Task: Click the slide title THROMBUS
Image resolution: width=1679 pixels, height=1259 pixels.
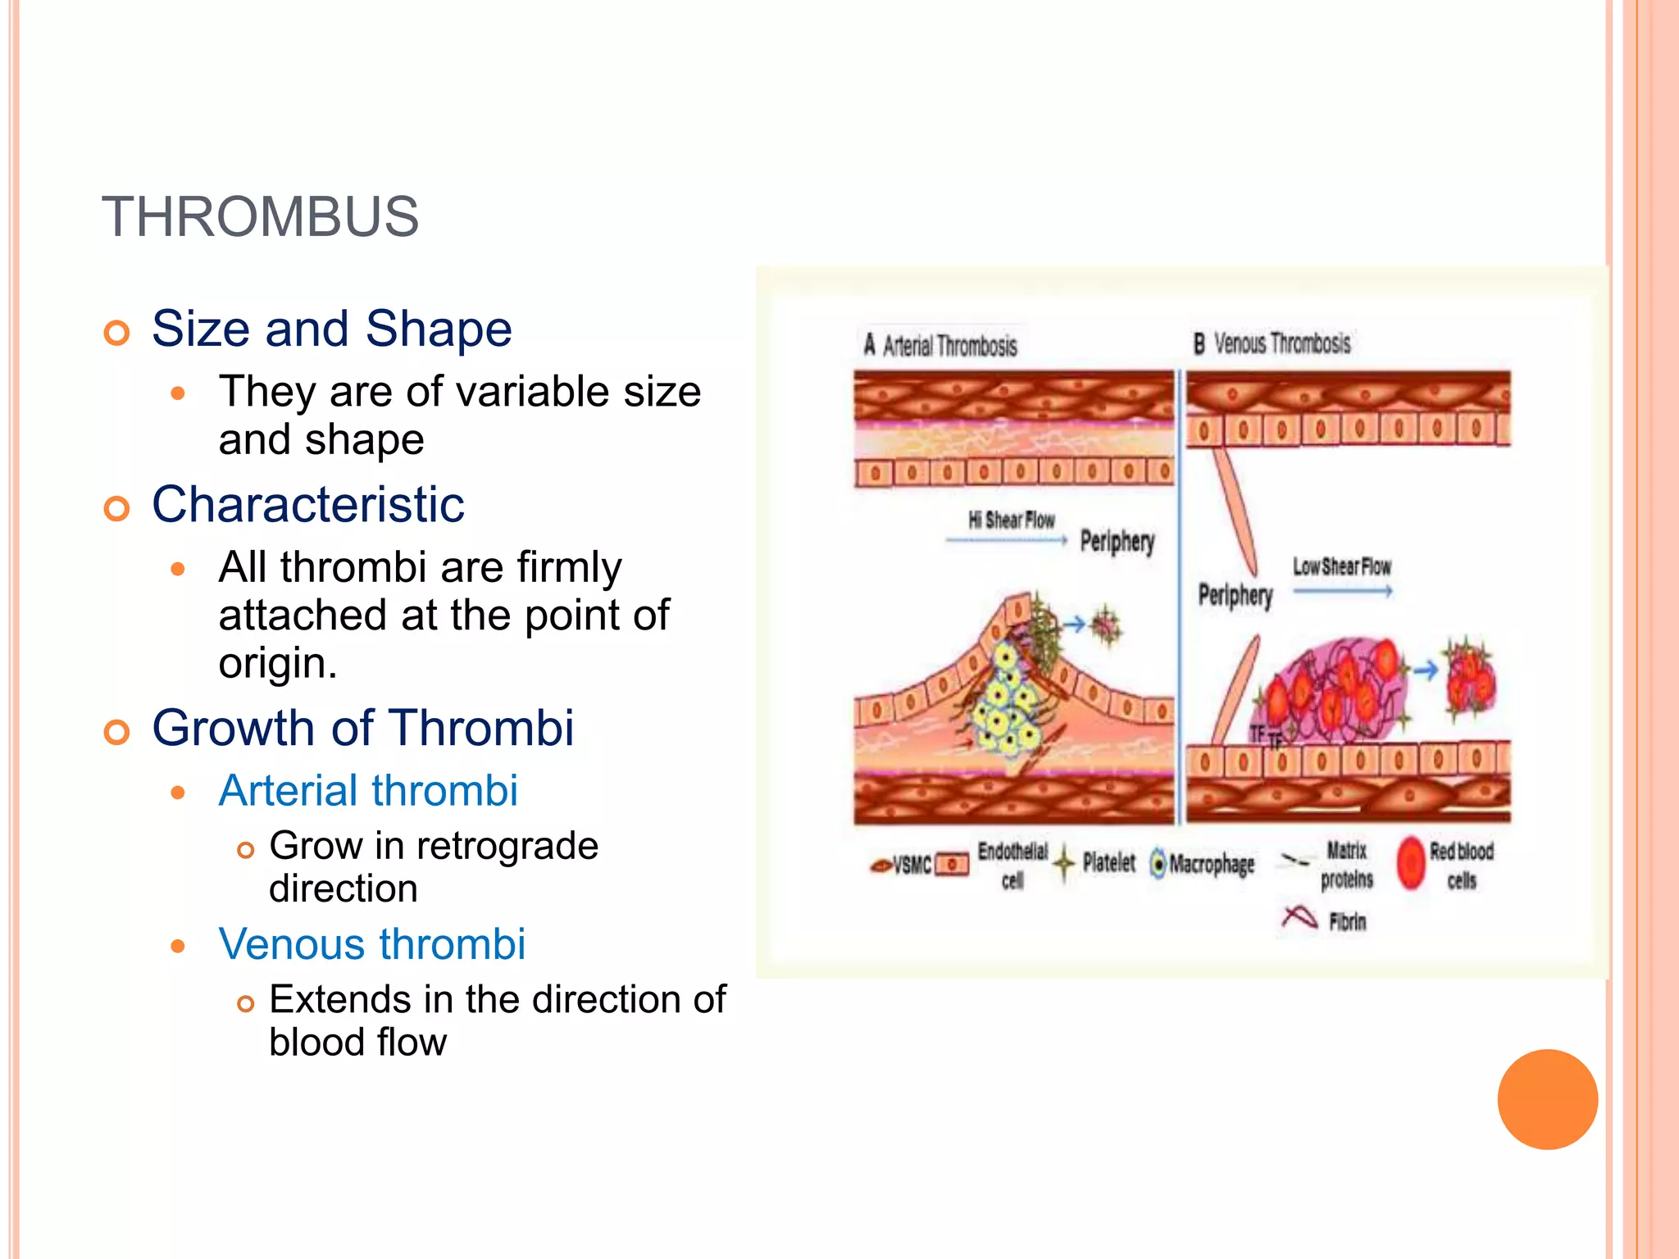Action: coord(260,217)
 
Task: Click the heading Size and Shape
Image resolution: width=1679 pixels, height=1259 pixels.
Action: coord(331,329)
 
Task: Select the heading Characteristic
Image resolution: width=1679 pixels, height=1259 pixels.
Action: coord(307,504)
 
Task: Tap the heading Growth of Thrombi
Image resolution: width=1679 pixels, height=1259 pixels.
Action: coord(362,728)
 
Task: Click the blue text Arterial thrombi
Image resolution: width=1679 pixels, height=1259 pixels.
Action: coord(368,791)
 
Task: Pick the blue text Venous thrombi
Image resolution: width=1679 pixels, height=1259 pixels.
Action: coord(371,944)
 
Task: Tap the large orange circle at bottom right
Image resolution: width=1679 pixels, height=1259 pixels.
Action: coord(1547,1099)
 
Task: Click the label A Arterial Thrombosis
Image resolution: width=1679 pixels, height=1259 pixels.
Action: coord(940,345)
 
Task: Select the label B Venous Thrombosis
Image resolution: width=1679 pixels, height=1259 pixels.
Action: coord(1272,343)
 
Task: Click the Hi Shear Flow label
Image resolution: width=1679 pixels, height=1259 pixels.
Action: coord(1011,520)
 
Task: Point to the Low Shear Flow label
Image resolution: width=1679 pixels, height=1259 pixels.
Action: coord(1341,567)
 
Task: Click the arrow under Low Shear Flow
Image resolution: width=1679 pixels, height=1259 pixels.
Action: coord(1342,591)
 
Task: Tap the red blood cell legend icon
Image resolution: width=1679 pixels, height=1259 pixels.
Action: coord(1411,863)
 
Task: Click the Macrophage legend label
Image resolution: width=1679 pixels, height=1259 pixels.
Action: coord(1212,864)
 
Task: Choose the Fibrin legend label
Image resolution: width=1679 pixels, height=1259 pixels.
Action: coord(1347,922)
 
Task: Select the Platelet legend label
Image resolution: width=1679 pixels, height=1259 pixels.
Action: coord(1108,862)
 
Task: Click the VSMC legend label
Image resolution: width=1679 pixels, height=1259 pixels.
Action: coord(911,866)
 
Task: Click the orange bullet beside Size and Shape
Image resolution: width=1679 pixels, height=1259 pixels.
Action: coord(117,333)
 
